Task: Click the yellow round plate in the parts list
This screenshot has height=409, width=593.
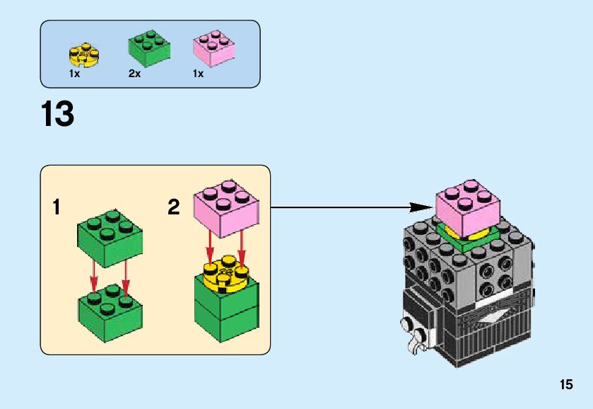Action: (83, 54)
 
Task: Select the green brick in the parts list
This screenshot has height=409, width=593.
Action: (148, 49)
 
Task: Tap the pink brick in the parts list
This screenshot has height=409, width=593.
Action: (213, 50)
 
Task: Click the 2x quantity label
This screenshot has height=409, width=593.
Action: (135, 74)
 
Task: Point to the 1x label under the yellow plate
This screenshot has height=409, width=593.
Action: (75, 74)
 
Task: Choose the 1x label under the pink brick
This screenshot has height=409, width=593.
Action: (198, 74)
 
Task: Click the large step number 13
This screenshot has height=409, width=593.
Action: (58, 115)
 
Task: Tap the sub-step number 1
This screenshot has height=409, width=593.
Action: (57, 208)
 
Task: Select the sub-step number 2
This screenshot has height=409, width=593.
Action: (174, 207)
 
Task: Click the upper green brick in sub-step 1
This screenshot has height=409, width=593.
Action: (109, 236)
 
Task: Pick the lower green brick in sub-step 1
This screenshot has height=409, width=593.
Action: (109, 311)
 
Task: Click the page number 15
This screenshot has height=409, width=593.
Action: (565, 385)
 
